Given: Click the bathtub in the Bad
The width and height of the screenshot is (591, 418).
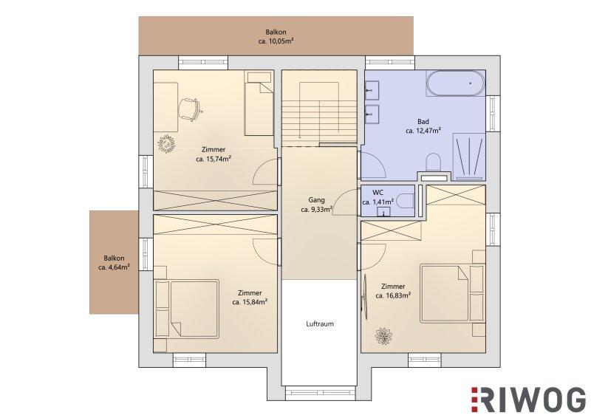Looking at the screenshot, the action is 455,83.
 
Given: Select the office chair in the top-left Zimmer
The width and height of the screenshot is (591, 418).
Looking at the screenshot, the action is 190,109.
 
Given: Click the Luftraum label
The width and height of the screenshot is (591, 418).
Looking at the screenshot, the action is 320,323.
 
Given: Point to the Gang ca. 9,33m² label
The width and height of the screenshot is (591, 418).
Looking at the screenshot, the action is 316,205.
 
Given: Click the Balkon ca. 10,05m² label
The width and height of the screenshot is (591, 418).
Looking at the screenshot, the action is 276,37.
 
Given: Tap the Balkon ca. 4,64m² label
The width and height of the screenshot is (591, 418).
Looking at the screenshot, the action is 114,263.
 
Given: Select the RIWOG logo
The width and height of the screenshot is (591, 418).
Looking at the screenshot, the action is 528,399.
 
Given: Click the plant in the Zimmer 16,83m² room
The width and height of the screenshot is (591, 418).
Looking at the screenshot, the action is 383,336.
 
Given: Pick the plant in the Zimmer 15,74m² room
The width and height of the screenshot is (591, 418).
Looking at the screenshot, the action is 165,144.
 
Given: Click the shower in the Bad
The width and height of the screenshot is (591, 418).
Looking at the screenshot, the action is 469,157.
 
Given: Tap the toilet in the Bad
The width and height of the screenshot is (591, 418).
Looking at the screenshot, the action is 434,162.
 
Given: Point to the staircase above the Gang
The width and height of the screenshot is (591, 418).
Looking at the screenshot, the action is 319,109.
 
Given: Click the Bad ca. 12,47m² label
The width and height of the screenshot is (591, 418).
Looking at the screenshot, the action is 423,126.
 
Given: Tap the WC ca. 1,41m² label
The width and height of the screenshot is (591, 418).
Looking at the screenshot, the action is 378,197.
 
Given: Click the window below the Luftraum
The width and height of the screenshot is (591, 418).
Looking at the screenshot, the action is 320,393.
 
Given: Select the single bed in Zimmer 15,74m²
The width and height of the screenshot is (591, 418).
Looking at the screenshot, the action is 259,104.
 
